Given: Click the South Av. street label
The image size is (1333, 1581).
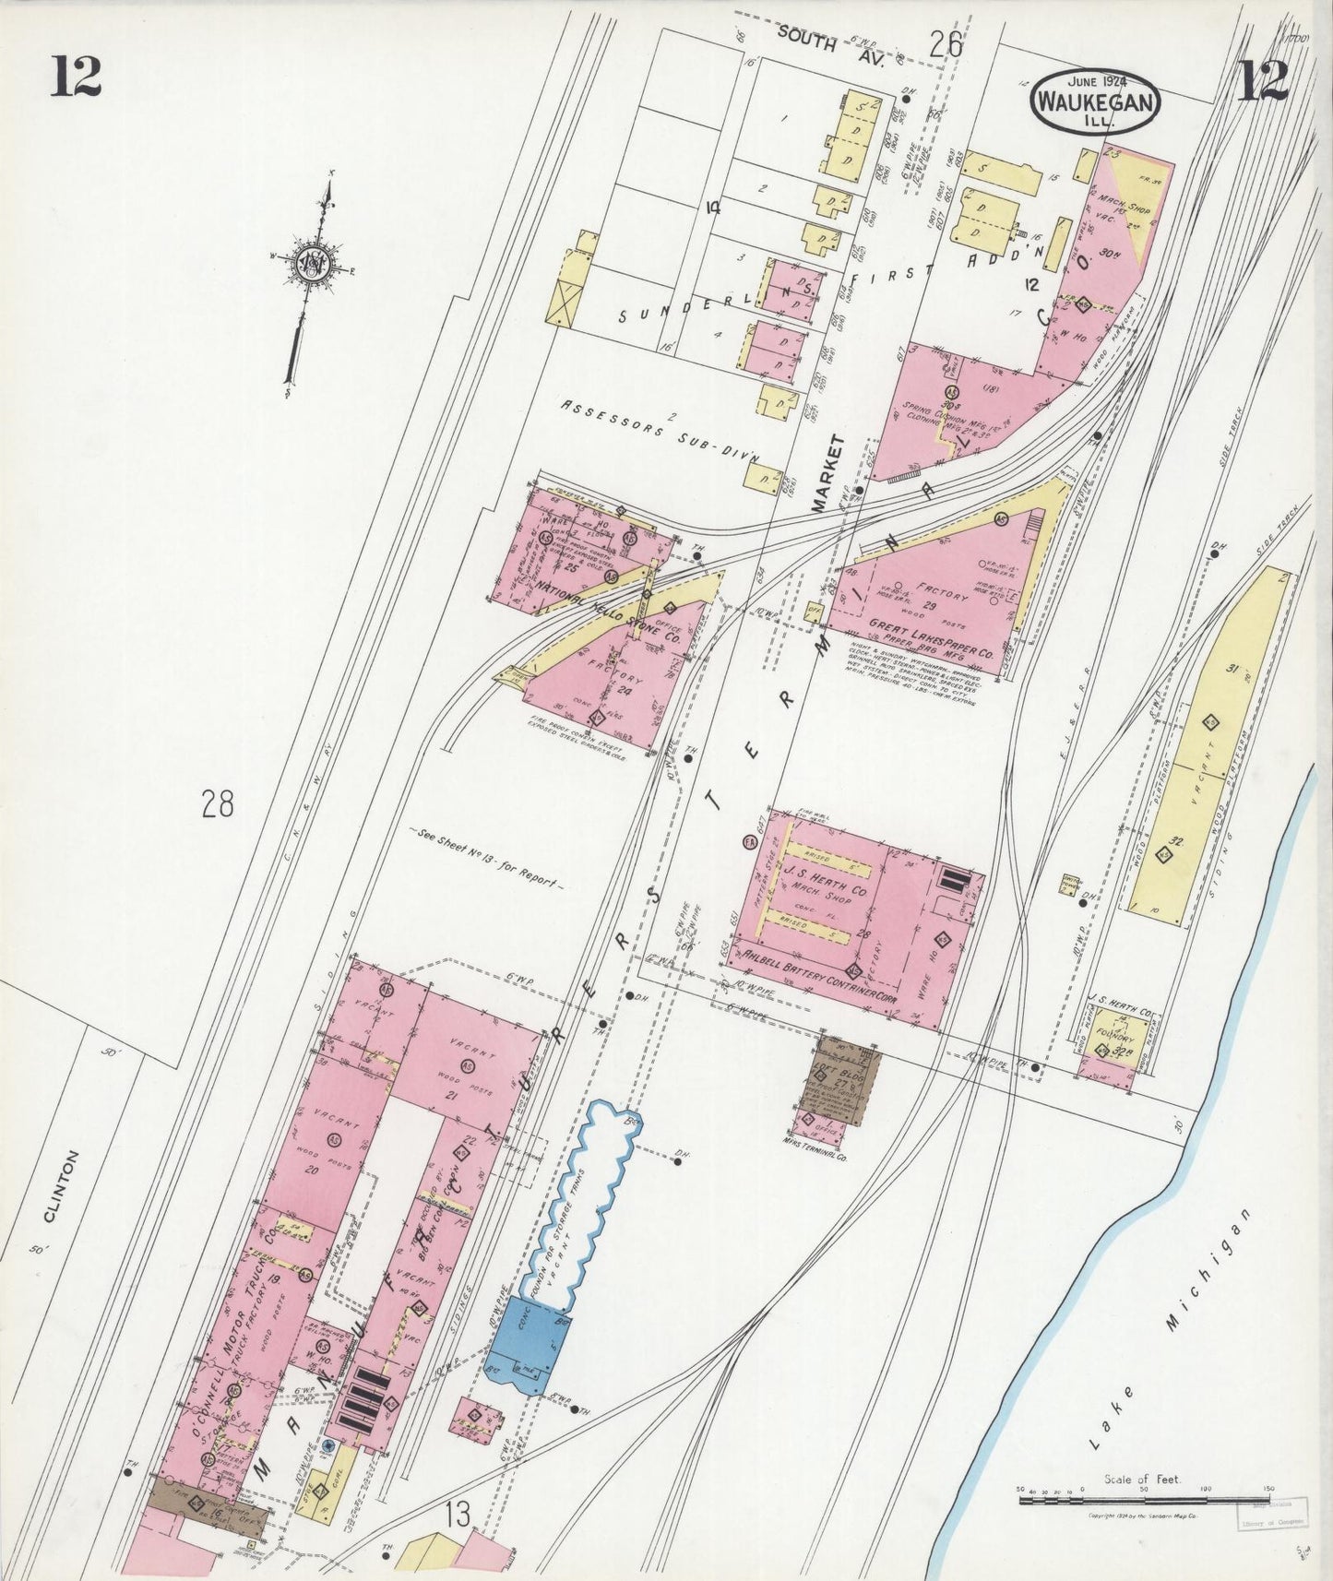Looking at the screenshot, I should (830, 47).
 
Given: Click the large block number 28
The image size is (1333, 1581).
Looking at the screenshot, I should (219, 805).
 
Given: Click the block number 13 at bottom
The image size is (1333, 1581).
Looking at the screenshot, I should (456, 1516).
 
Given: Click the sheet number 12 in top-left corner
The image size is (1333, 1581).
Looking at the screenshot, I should (75, 77).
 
